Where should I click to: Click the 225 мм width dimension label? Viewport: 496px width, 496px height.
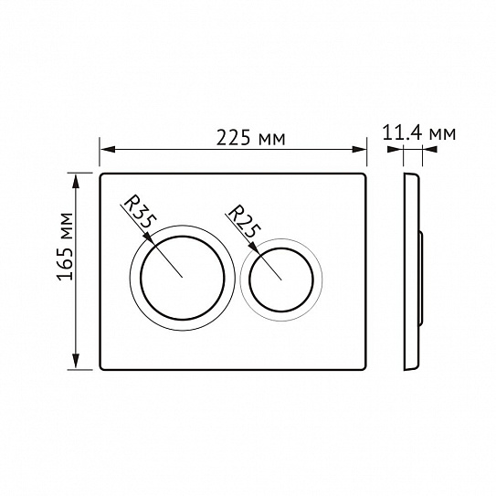(250, 138)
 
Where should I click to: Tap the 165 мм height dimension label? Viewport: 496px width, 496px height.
(65, 247)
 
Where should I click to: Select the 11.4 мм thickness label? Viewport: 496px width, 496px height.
(419, 132)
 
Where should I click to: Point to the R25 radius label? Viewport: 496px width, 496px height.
(245, 221)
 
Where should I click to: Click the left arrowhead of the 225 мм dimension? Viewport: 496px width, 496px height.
(107, 149)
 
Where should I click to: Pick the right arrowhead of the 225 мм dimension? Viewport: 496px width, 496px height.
(360, 149)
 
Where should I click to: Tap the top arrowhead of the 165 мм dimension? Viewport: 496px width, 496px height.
(76, 181)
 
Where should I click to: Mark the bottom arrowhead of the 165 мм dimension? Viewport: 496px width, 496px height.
(76, 362)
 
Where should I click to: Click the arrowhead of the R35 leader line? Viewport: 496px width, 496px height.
(149, 238)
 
